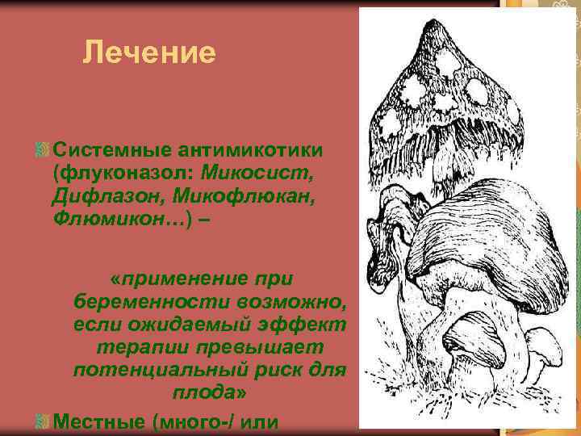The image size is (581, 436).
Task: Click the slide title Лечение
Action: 149,53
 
